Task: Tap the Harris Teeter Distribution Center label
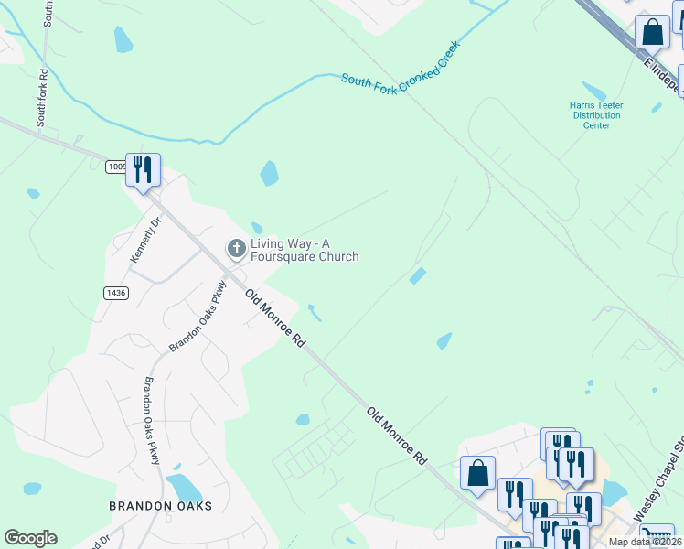(596, 115)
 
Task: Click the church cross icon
(236, 247)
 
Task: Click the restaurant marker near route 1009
(143, 170)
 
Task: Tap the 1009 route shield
(116, 167)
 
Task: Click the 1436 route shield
(116, 292)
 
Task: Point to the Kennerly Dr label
(145, 240)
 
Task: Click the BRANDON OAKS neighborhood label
(160, 506)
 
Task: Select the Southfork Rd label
(41, 97)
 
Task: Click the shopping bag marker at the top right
(653, 32)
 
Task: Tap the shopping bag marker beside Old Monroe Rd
(477, 473)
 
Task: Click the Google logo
(30, 538)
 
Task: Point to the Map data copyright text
(645, 542)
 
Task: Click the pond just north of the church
(269, 173)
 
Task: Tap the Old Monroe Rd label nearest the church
(275, 318)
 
